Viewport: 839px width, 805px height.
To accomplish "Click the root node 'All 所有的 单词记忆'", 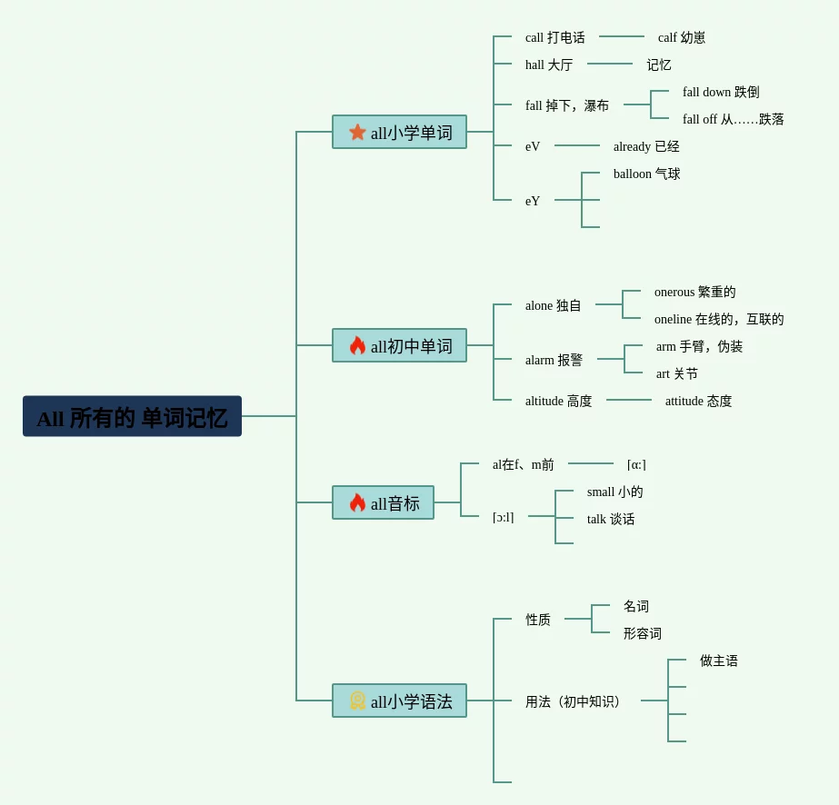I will coord(132,416).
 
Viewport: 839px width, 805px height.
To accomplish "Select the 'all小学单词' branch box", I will coord(399,132).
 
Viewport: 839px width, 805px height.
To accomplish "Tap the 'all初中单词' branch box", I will coord(399,345).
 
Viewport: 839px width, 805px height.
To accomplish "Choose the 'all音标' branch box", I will coord(383,502).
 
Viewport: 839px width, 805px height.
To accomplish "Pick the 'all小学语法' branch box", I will coord(399,701).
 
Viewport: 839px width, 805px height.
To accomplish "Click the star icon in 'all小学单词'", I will coord(357,132).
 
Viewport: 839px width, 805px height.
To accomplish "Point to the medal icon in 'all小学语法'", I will coord(357,701).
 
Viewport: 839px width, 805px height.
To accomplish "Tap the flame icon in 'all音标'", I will coord(357,502).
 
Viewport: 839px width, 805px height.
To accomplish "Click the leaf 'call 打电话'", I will coord(554,37).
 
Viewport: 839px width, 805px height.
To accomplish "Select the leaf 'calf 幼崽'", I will coord(681,37).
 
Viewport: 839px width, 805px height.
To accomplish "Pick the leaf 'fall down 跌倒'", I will coord(721,92).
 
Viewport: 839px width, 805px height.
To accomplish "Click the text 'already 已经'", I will coord(646,146).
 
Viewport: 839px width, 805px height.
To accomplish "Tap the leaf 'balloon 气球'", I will coord(646,174).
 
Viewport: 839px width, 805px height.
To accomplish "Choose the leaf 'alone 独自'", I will coord(553,305).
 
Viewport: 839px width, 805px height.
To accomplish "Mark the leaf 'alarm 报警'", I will coord(554,360).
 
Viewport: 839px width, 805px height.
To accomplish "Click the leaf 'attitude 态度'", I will coord(698,401).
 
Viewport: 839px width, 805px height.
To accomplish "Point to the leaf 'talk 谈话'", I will coord(611,519).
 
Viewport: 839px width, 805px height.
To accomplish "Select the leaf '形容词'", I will coord(642,633).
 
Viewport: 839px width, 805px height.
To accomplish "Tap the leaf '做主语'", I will coord(718,661).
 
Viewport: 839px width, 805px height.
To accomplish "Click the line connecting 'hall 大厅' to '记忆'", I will coord(610,64).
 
